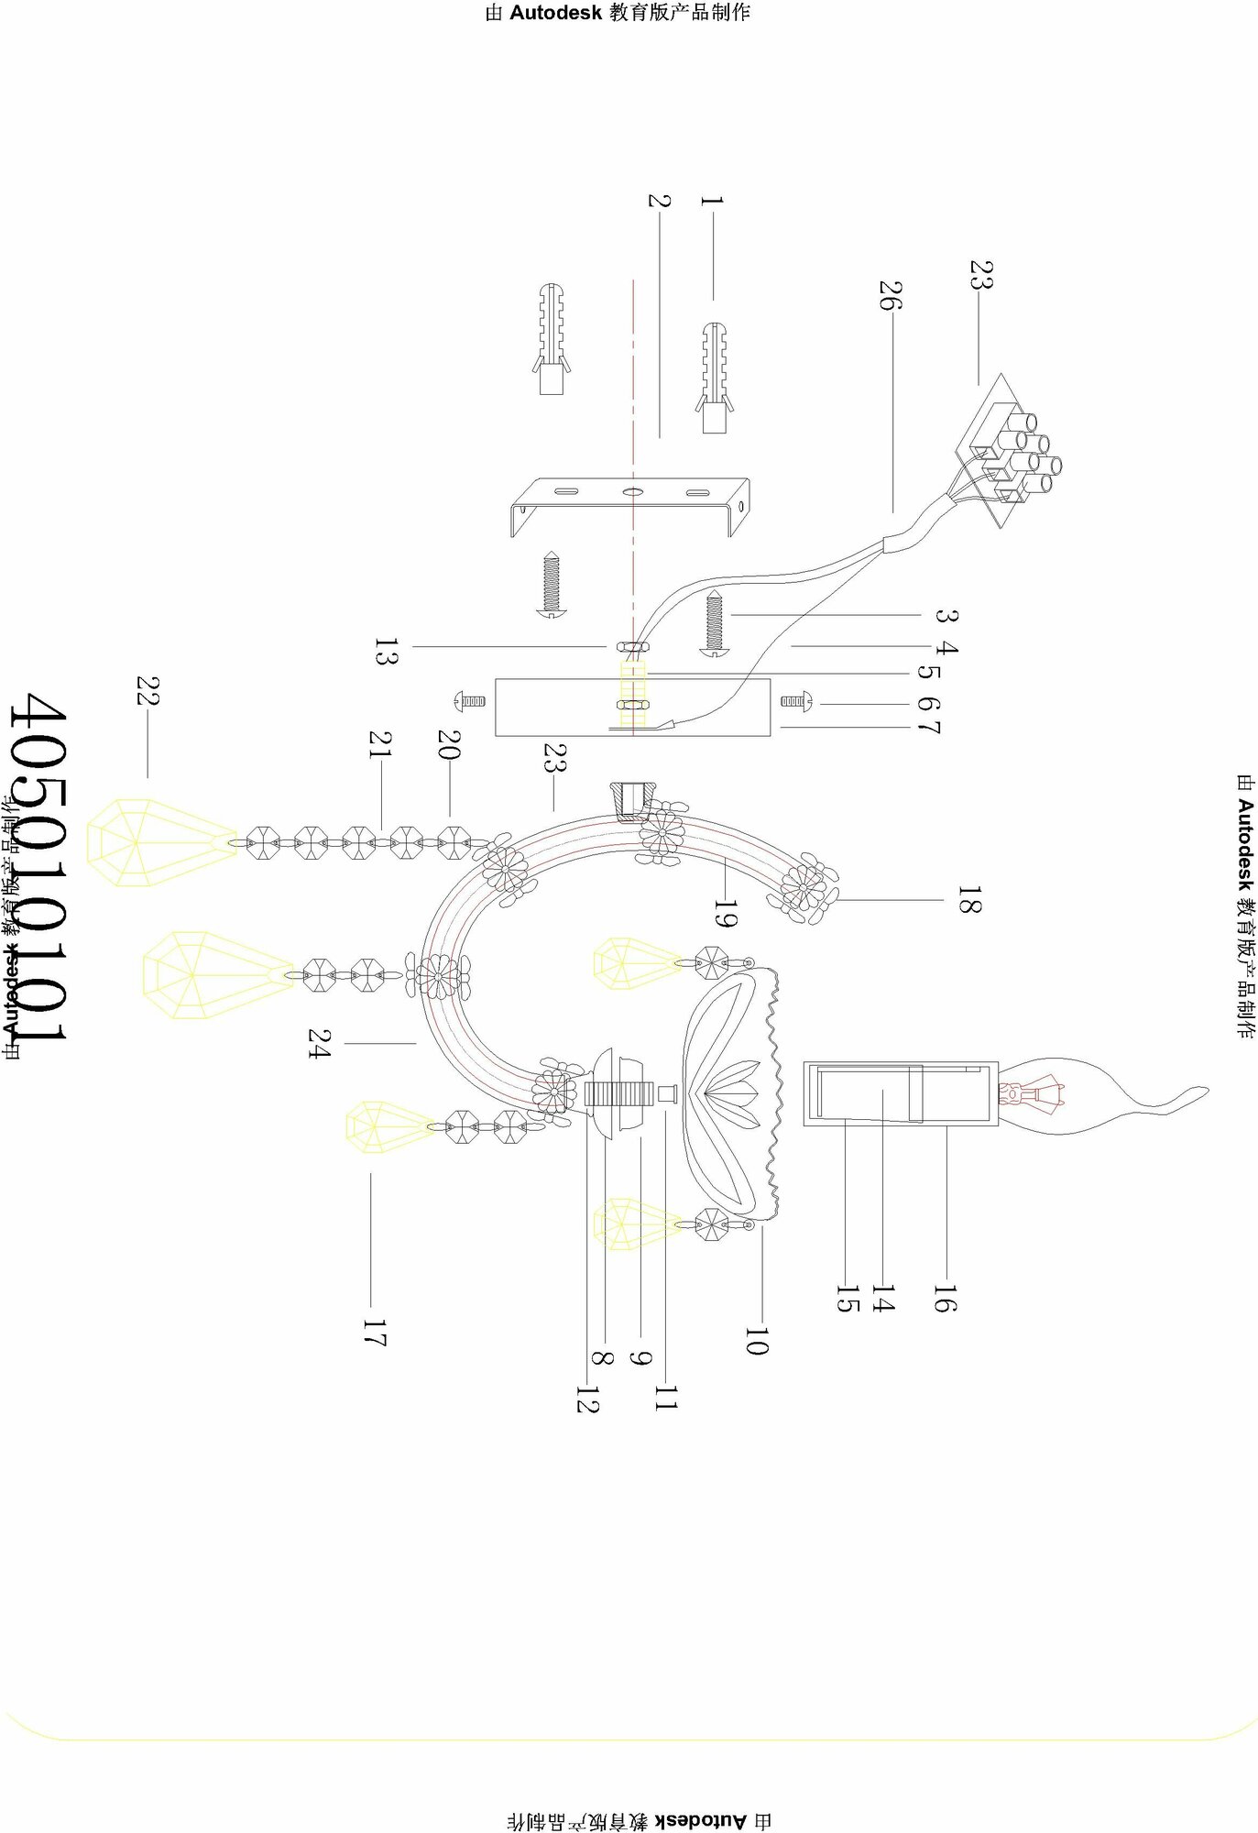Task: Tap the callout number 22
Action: (x=148, y=691)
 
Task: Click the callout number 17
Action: (x=373, y=1334)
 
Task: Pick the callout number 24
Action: (x=319, y=1043)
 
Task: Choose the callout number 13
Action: (x=386, y=652)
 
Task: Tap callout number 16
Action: (x=945, y=1299)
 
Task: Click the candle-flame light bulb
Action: (x=1099, y=1094)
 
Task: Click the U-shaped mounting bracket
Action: (x=631, y=503)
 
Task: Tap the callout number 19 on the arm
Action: (x=724, y=913)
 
